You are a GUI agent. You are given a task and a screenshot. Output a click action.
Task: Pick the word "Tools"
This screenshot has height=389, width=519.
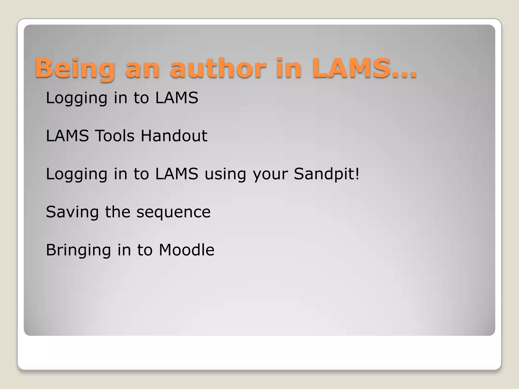coord(114,136)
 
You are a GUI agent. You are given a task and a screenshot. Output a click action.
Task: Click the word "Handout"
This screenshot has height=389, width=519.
coord(174,136)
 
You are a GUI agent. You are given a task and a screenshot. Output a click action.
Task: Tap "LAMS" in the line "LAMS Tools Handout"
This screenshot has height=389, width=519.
coord(67,136)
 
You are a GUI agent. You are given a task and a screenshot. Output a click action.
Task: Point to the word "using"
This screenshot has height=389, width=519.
coord(225,175)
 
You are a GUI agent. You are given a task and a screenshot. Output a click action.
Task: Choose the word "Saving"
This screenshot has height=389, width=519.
coord(72,212)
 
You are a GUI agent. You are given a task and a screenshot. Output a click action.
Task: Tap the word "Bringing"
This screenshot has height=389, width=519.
coord(78,250)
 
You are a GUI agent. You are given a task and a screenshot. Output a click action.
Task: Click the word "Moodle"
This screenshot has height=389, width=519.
coord(187,250)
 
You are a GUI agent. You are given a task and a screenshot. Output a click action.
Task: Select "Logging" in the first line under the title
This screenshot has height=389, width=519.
coord(77,98)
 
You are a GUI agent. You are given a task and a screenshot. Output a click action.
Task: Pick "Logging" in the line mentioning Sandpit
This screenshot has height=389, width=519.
coord(77,174)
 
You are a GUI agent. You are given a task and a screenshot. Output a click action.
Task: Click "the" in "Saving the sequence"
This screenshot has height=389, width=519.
coord(118,212)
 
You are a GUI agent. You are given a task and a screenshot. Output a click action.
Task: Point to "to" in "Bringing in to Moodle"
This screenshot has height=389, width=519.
coord(145,250)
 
